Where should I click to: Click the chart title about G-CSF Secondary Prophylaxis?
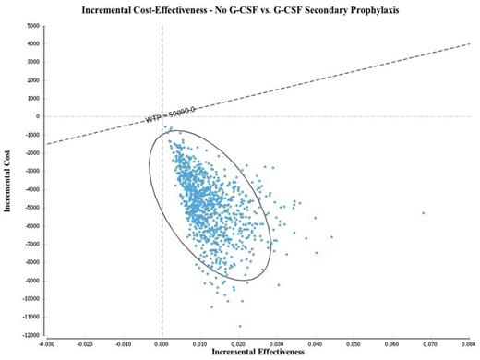pyautogui.click(x=240, y=9)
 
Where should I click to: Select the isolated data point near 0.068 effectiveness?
pyautogui.click(x=424, y=213)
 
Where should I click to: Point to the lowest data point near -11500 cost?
pyautogui.click(x=240, y=326)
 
